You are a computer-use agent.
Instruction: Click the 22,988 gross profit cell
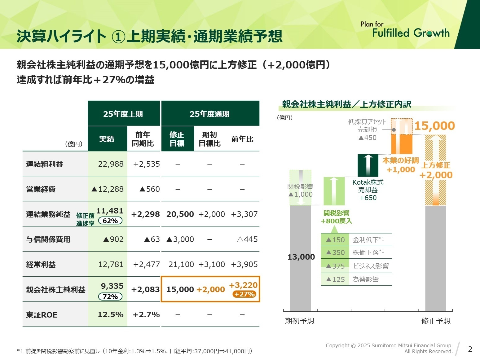pyautogui.click(x=111, y=164)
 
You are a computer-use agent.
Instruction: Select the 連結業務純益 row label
pyautogui.click(x=48, y=214)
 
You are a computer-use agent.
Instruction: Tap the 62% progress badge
pyautogui.click(x=110, y=221)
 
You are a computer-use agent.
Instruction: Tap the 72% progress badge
pyautogui.click(x=110, y=297)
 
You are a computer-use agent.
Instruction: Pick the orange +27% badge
pyautogui.click(x=244, y=294)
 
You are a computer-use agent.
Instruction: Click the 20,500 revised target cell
pyautogui.click(x=180, y=214)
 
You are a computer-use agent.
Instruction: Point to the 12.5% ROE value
pyautogui.click(x=111, y=315)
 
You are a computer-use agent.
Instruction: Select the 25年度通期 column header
pyautogui.click(x=210, y=114)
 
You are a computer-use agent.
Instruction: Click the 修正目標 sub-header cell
pyautogui.click(x=177, y=139)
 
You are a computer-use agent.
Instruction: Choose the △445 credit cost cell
pyautogui.click(x=247, y=239)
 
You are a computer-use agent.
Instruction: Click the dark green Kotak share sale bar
pyautogui.click(x=368, y=165)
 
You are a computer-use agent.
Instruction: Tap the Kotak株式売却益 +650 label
pyautogui.click(x=368, y=190)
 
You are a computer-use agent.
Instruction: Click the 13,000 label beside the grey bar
pyautogui.click(x=301, y=257)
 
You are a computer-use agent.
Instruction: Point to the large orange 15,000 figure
pyautogui.click(x=434, y=126)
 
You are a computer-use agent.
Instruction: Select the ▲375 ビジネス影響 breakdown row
pyautogui.click(x=356, y=266)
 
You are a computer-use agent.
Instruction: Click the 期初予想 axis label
pyautogui.click(x=299, y=321)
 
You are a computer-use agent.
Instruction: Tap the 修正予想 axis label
pyautogui.click(x=436, y=321)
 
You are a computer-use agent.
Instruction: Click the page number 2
pyautogui.click(x=470, y=349)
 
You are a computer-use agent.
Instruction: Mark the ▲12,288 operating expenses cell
pyautogui.click(x=108, y=189)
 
